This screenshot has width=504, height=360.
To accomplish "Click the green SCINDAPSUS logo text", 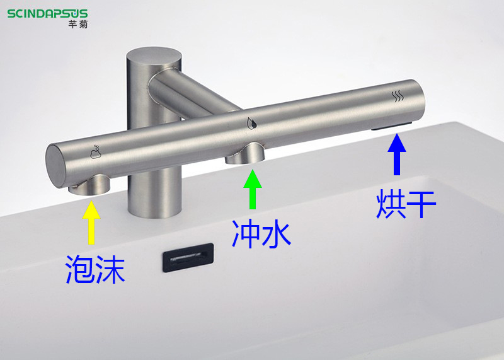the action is point(48,14).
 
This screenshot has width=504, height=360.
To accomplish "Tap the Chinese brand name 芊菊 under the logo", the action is point(77,24).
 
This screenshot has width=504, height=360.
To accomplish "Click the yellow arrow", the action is point(91,223).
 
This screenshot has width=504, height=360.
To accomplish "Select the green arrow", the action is point(253,189).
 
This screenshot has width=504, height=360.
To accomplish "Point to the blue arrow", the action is point(397,154).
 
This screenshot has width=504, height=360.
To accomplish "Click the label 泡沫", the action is point(95,270).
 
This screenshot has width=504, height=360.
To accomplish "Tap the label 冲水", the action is point(261,234).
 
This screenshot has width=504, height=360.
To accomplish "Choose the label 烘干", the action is point(406,204).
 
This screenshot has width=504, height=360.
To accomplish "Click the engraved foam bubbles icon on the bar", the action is point(96,152).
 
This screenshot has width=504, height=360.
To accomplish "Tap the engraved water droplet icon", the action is point(251,123).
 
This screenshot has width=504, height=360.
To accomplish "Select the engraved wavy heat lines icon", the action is point(398,96).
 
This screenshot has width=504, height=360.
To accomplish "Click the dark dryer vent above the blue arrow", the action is point(392,126).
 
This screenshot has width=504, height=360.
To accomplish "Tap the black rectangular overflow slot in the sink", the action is point(188,257).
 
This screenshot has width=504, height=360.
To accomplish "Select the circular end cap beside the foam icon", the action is point(55,166).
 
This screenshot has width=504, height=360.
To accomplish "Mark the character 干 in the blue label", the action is point(421,204).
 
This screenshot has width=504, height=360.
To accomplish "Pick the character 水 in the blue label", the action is point(277,234).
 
